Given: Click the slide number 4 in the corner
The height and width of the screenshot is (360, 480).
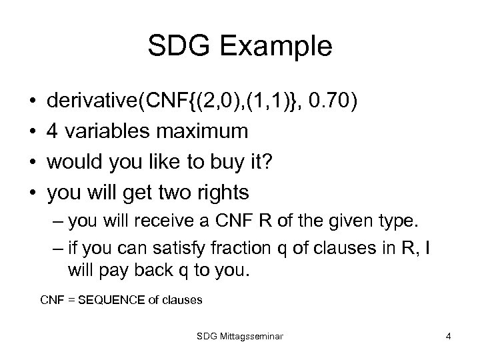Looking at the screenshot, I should tap(449, 337).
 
